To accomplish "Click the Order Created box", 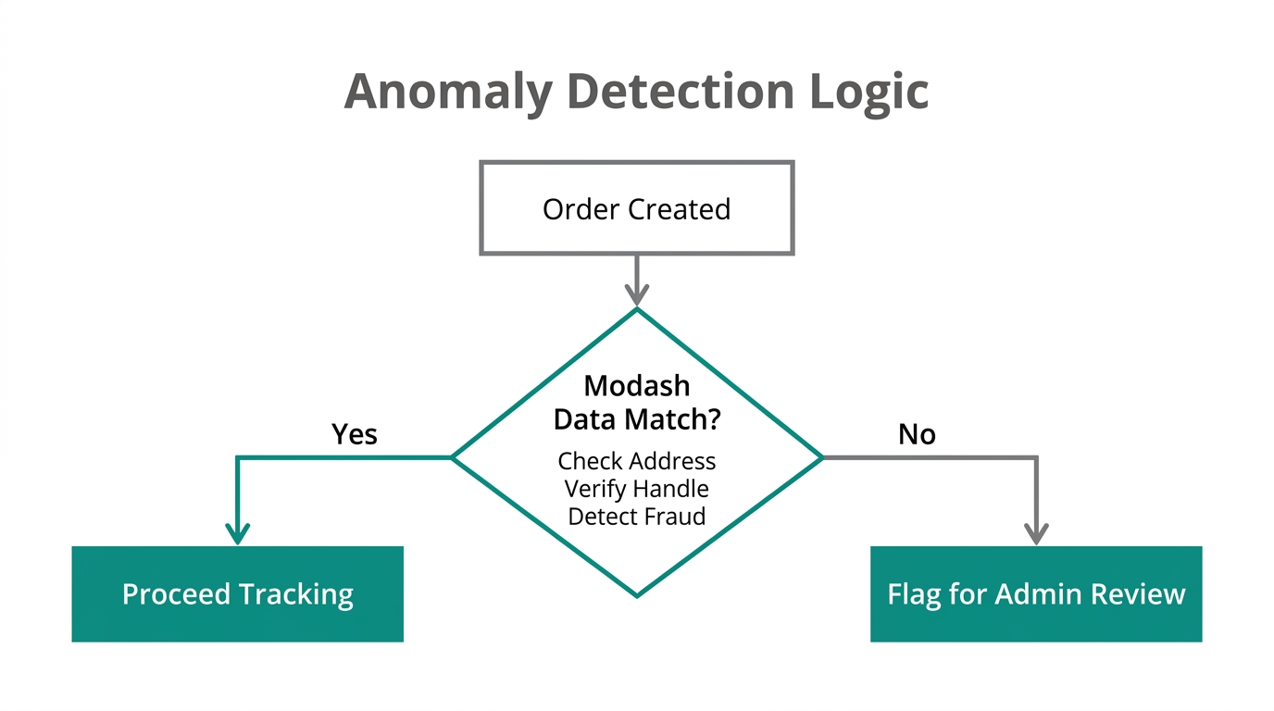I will tap(636, 208).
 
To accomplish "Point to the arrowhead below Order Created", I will tap(636, 294).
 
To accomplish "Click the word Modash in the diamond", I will tap(636, 385).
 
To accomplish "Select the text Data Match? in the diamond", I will tap(636, 419).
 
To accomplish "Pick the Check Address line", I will tap(636, 461).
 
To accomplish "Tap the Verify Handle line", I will tap(636, 488).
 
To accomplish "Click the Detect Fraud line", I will tap(636, 516).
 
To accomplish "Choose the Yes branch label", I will tap(355, 434).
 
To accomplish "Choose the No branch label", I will tap(917, 434).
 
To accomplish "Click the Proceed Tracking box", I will tap(237, 593).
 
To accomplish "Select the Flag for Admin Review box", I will tap(1035, 593).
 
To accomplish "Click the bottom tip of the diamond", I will tap(637, 595).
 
